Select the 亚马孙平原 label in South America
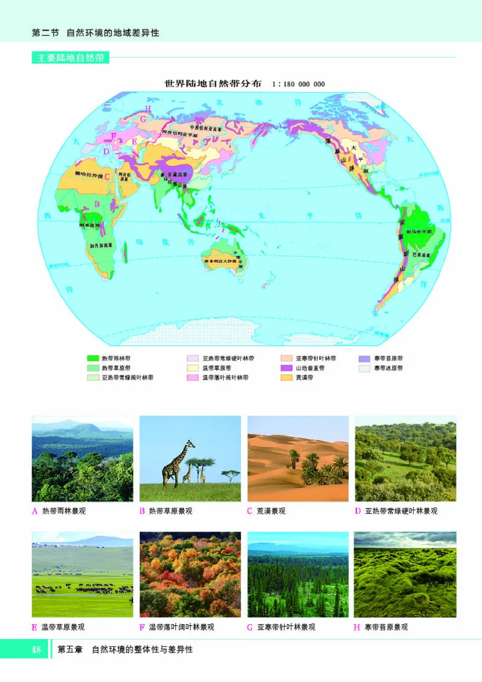420,231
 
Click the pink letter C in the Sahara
107,177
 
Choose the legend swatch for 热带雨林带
93,358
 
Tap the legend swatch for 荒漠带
287,377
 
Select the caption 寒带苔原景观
386,627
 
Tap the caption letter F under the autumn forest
142,627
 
